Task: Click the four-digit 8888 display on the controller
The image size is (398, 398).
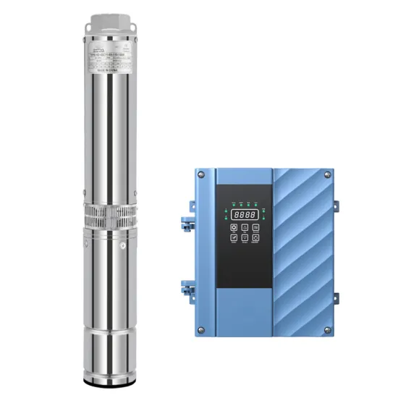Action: coord(244,215)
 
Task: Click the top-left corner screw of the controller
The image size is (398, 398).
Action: coord(200,174)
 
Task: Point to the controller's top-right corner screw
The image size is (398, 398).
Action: coord(326,174)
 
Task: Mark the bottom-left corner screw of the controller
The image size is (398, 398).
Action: coord(200,331)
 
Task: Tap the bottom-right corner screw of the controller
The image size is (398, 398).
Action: coord(326,331)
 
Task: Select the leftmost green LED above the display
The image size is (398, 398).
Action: coord(233,204)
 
